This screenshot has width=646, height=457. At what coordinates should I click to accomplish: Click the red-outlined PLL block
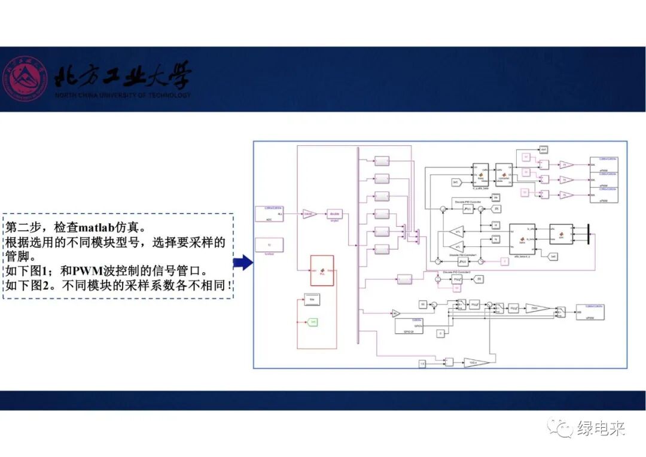tap(322, 270)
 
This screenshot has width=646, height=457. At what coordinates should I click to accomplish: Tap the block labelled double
tap(336, 214)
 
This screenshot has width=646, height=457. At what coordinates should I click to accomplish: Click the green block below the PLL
tap(313, 322)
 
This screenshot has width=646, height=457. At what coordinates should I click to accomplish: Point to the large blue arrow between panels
tap(242, 261)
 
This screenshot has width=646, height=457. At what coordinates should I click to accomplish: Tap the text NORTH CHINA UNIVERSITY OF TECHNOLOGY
tap(123, 95)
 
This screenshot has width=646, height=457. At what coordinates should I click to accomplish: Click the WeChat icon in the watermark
tap(562, 428)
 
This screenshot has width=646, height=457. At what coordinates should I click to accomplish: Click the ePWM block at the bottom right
tap(589, 311)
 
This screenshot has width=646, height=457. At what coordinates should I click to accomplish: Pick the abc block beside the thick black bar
tap(561, 234)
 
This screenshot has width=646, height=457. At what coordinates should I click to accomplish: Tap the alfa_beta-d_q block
tap(522, 239)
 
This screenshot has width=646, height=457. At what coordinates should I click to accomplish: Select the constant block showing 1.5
tap(422, 364)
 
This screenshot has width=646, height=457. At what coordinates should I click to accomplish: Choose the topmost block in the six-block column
tap(382, 160)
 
